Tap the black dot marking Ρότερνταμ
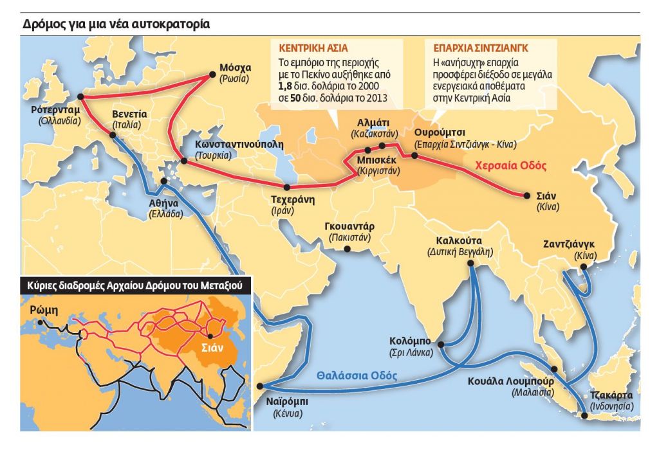point(80,98)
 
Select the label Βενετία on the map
point(129,114)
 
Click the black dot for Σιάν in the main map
point(521,195)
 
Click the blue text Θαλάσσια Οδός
point(357,376)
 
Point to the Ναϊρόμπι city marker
point(259,386)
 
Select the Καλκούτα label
point(459,241)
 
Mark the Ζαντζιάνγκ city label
point(568,245)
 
